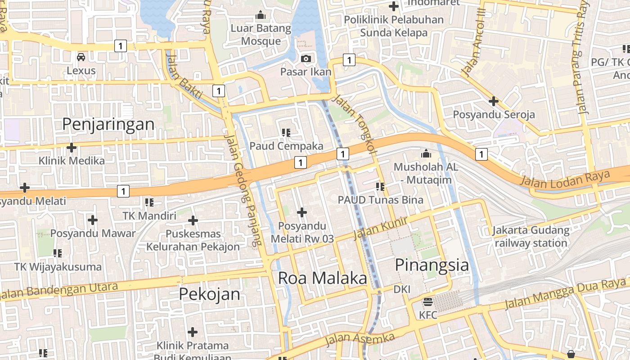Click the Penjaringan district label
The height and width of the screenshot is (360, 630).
pos(108,124)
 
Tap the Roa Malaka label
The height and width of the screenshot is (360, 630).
pos(322,278)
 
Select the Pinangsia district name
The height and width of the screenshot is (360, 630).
pos(432,265)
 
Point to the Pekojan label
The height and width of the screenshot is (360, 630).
pos(209,294)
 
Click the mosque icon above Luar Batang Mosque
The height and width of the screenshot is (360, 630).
pos(261,16)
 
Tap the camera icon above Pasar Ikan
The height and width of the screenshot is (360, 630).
pos(306,58)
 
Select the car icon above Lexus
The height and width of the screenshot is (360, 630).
pos(81,57)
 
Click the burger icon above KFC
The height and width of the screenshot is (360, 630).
pos(427,302)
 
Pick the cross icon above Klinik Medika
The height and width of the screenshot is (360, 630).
pos(71,147)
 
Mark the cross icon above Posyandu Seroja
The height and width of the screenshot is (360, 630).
pos(494,101)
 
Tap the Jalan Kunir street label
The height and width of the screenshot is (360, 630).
pos(380,228)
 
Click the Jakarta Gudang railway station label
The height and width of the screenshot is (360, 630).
pos(531,237)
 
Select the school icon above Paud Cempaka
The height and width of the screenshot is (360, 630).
pos(286,132)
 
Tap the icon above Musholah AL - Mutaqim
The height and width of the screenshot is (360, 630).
pos(426,154)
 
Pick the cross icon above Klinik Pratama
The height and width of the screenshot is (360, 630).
pos(193,333)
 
